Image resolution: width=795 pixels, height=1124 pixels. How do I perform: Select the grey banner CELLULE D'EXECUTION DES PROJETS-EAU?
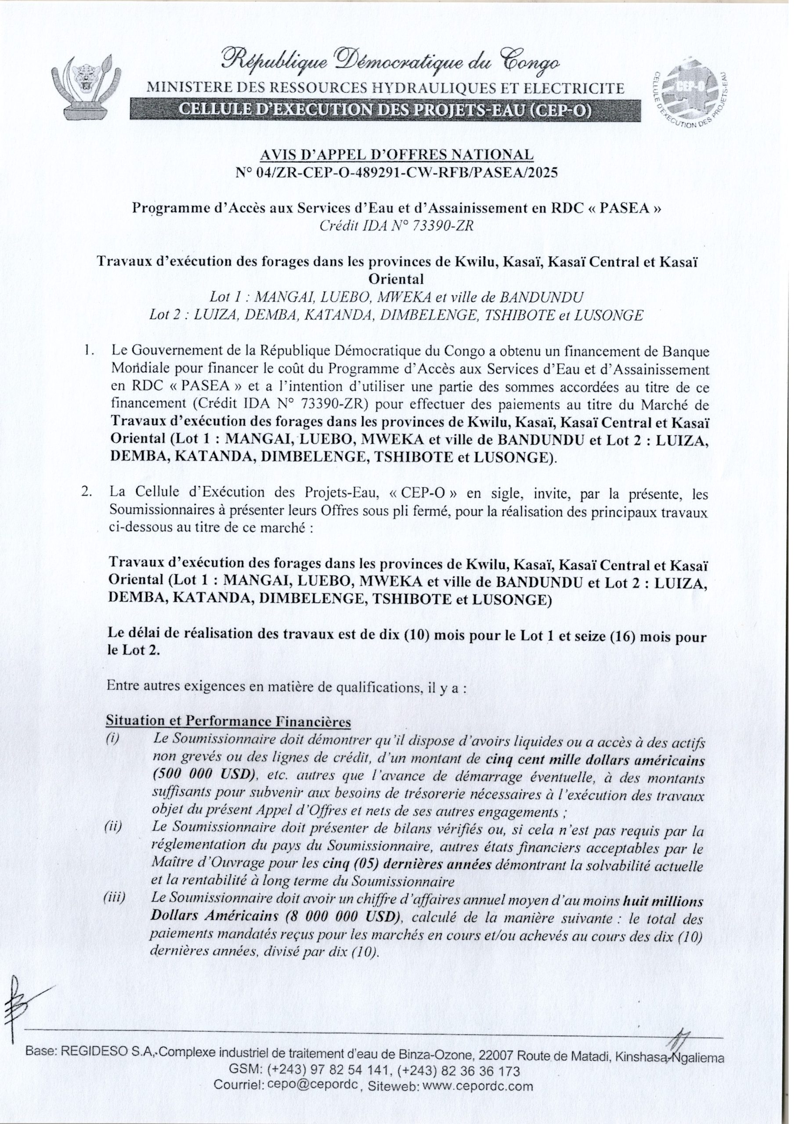385,109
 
